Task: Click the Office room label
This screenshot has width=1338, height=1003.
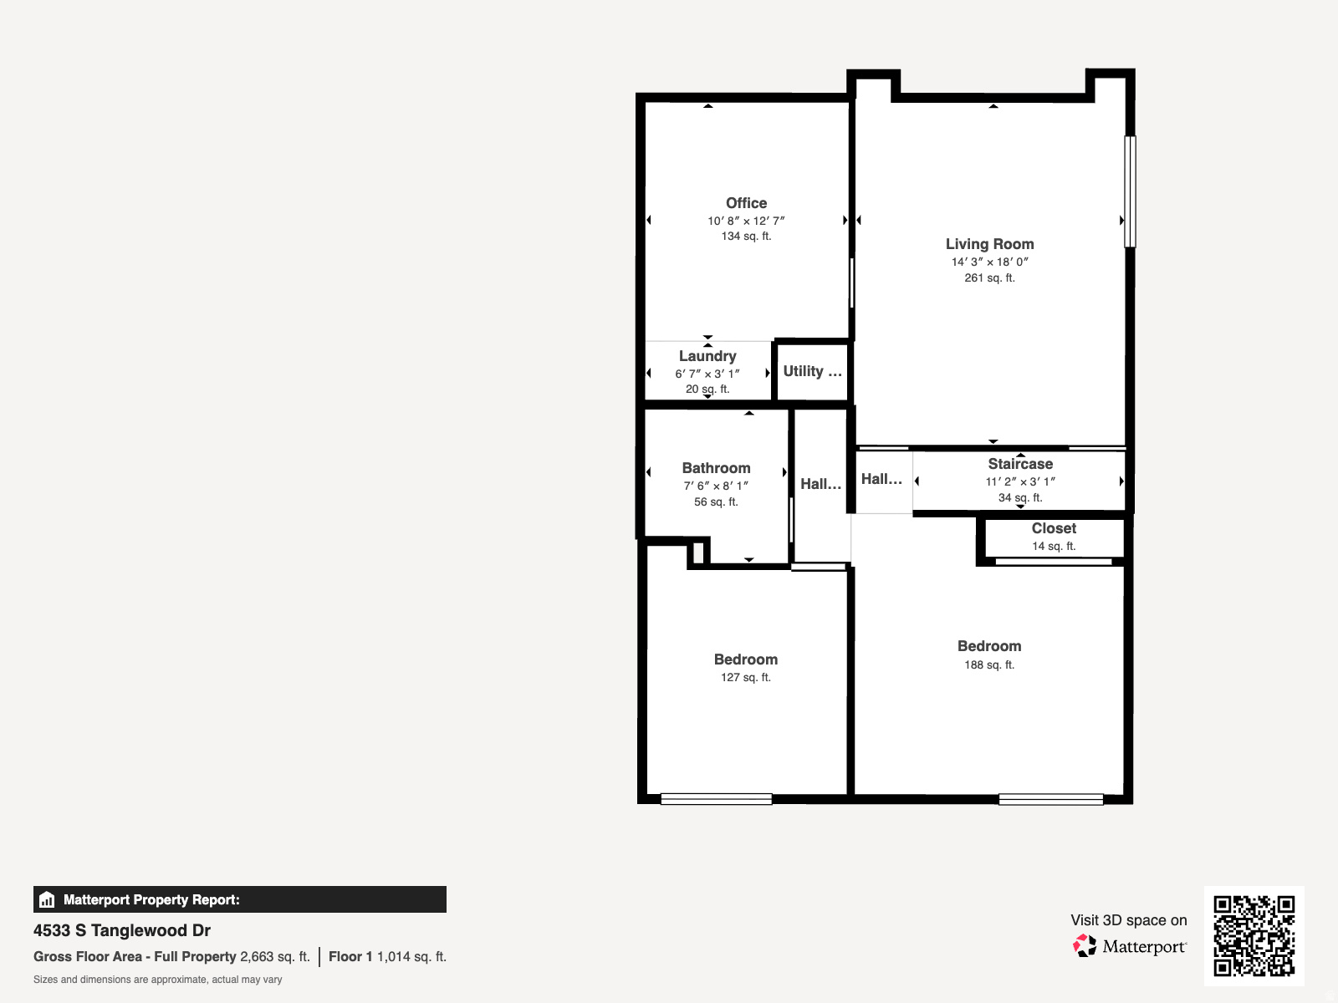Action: [x=746, y=203]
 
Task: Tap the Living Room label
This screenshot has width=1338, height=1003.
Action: [x=989, y=244]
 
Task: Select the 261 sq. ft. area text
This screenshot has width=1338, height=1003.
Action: [x=989, y=278]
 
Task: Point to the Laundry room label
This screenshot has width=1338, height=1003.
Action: [x=707, y=356]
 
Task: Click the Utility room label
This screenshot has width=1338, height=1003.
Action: [x=812, y=371]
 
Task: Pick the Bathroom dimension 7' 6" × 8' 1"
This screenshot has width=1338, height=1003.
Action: [x=716, y=486]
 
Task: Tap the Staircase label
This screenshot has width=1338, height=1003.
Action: [x=1020, y=464]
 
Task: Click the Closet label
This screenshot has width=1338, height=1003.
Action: [x=1054, y=528]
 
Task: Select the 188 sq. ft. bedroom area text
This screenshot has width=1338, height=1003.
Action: [x=989, y=665]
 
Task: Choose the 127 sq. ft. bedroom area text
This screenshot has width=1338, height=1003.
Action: [x=746, y=678]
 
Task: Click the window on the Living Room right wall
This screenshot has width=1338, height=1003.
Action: [x=1130, y=191]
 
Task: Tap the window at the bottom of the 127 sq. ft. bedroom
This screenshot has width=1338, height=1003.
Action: [x=716, y=799]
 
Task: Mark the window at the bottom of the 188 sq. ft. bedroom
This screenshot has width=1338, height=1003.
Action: [x=1051, y=799]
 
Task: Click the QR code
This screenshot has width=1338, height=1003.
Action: [x=1254, y=935]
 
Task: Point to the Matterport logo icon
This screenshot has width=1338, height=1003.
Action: [x=1085, y=946]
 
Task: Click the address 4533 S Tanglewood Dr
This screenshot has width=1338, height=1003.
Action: [x=122, y=930]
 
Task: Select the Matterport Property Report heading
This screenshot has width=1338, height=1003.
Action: [x=151, y=900]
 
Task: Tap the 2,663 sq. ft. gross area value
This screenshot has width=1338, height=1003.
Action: [x=274, y=957]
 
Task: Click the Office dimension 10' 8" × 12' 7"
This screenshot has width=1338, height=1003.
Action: [x=746, y=221]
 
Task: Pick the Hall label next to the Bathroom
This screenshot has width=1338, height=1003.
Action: [x=820, y=484]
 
